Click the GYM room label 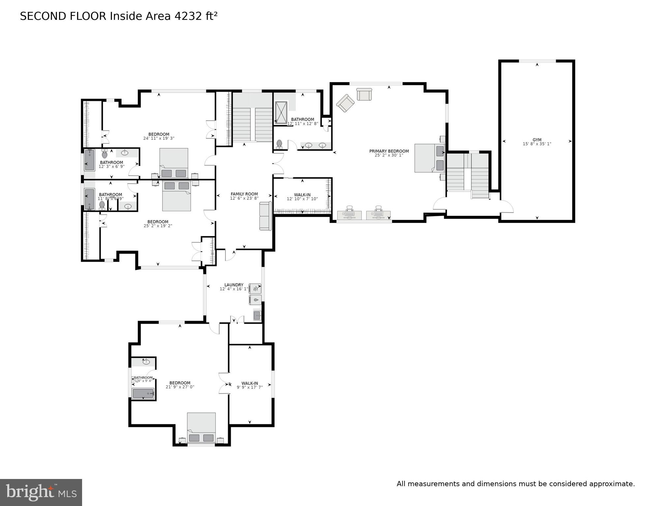click(x=537, y=140)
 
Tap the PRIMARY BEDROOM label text click(x=389, y=151)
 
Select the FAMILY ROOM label click(x=244, y=194)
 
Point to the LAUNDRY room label click(x=234, y=285)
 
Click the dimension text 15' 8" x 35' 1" click(x=537, y=144)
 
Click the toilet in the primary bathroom click(x=279, y=143)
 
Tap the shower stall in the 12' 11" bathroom click(x=281, y=112)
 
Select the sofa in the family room click(x=265, y=216)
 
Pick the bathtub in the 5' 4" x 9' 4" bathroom click(x=143, y=393)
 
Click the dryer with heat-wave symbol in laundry click(x=255, y=288)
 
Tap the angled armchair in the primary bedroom click(x=345, y=103)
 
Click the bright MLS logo click(x=41, y=492)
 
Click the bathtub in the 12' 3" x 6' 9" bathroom click(x=90, y=160)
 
